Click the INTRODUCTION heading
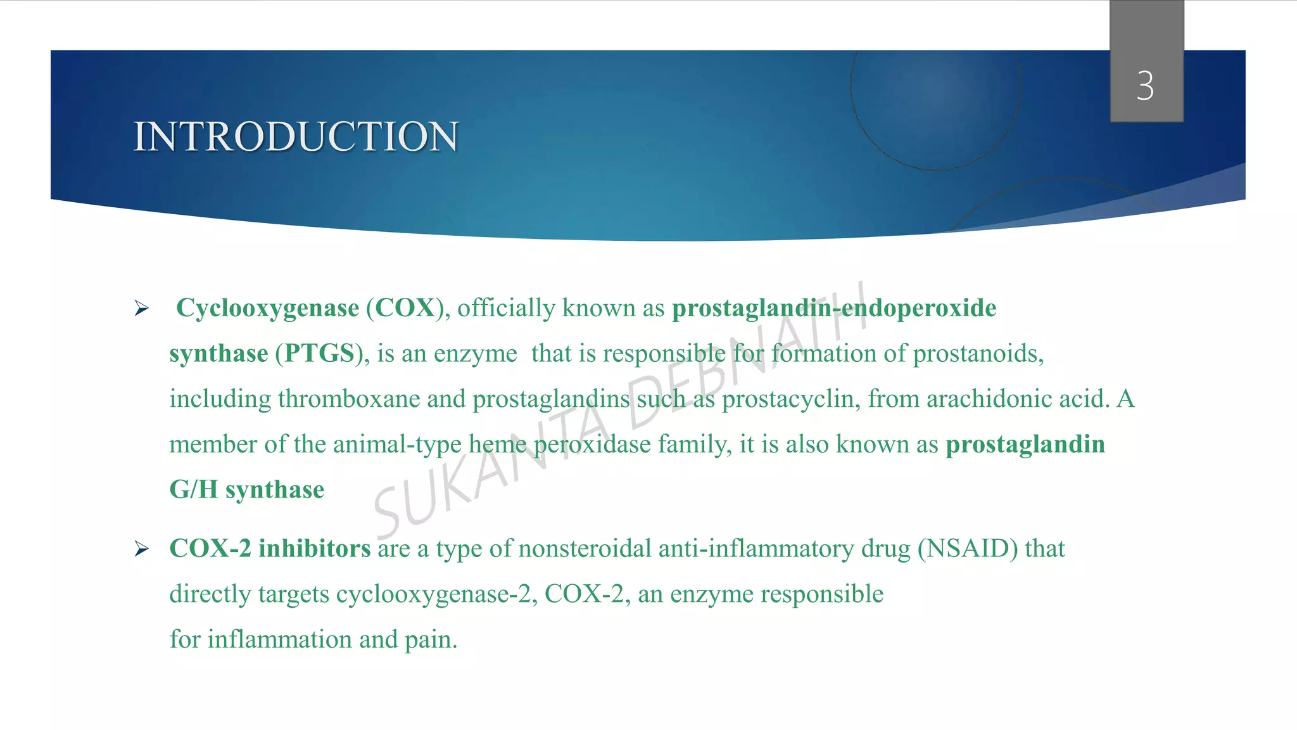(x=296, y=136)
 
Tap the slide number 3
(x=1145, y=86)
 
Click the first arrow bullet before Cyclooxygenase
(x=142, y=309)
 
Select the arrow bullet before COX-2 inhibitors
(x=142, y=549)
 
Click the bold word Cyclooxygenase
(x=267, y=309)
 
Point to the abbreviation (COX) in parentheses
(x=404, y=309)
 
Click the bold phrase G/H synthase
(x=247, y=490)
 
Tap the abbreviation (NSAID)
(x=968, y=549)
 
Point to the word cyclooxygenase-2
(x=433, y=594)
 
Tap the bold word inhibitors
(x=314, y=549)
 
